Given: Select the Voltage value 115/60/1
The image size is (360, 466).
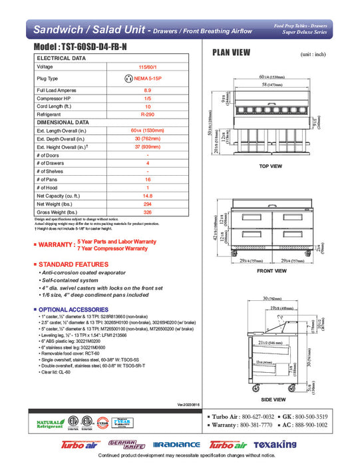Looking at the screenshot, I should [x=148, y=67].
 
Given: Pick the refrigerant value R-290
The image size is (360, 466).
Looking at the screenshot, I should [x=148, y=114].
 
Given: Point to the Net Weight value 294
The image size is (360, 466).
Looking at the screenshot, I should [x=148, y=204].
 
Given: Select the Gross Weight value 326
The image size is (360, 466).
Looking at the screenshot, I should [x=148, y=213].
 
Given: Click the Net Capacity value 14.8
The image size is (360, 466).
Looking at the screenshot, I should [x=148, y=196].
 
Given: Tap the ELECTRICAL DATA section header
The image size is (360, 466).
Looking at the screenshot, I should [x=61, y=59].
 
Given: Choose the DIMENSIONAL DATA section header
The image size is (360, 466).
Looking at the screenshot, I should [x=63, y=122].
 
